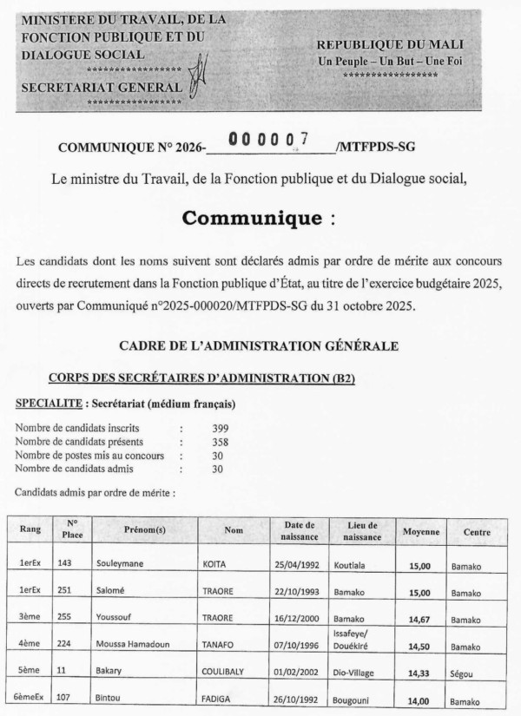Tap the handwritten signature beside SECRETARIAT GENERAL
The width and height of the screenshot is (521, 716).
(198, 75)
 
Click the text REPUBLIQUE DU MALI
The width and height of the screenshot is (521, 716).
(389, 44)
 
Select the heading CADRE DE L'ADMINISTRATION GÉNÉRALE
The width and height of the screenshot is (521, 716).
(259, 345)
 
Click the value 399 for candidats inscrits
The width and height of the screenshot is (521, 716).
(221, 429)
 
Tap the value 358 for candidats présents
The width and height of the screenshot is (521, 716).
(221, 442)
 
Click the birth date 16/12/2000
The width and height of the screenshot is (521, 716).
(300, 619)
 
